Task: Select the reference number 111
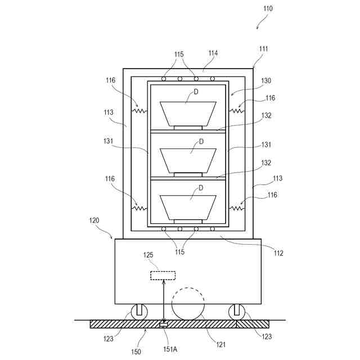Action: click(264, 49)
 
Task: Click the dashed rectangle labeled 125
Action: click(163, 275)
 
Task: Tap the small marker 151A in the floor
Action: click(164, 325)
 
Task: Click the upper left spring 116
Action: click(139, 111)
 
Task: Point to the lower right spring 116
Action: click(235, 208)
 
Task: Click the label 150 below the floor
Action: click(137, 352)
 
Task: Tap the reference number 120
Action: click(94, 222)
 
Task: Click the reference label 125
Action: click(147, 255)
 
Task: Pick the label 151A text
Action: click(170, 349)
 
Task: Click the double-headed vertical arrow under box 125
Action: click(163, 301)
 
